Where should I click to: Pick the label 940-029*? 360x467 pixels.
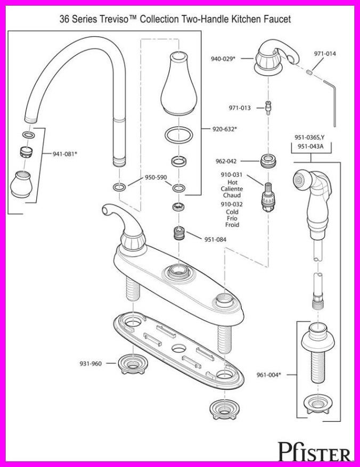[222, 59]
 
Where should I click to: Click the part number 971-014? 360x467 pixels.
[325, 54]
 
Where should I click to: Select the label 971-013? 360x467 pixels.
[240, 108]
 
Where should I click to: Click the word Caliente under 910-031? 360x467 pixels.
[232, 189]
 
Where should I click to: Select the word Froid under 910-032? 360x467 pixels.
[232, 225]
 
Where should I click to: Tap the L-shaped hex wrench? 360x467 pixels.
[331, 99]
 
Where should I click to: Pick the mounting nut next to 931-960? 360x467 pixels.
[129, 363]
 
